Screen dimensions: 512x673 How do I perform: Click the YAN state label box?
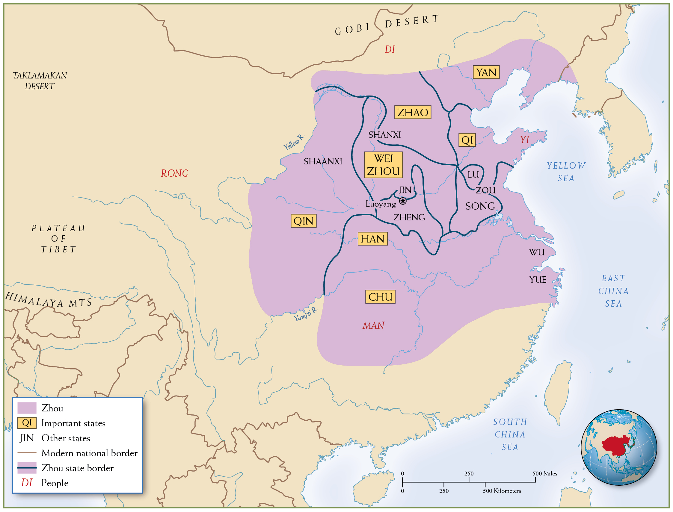[x=486, y=72]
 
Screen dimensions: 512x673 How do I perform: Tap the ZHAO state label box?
[x=412, y=113]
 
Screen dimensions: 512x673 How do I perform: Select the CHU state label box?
[x=380, y=297]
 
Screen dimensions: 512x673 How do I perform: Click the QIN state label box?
[x=303, y=221]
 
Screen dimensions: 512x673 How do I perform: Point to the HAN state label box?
[x=372, y=239]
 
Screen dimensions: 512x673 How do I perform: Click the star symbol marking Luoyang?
[x=403, y=201]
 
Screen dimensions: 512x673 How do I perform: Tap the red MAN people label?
[x=373, y=326]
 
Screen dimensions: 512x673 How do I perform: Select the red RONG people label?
[x=174, y=173]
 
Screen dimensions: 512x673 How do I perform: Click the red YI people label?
[x=524, y=140]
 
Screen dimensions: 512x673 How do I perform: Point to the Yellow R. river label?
[x=294, y=142]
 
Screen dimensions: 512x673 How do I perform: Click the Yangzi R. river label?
[x=306, y=314]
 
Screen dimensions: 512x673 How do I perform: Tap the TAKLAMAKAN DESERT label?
[x=40, y=81]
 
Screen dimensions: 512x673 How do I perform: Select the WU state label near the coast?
[x=536, y=252]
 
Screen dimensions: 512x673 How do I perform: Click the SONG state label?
[x=480, y=206]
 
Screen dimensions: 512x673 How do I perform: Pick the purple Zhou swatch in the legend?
[x=27, y=408]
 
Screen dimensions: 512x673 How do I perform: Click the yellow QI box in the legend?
[x=27, y=423]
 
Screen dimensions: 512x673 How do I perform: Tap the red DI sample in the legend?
[x=27, y=483]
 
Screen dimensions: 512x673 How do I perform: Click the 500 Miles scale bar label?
[x=545, y=474]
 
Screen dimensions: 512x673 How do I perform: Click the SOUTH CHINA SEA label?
[x=510, y=434]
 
